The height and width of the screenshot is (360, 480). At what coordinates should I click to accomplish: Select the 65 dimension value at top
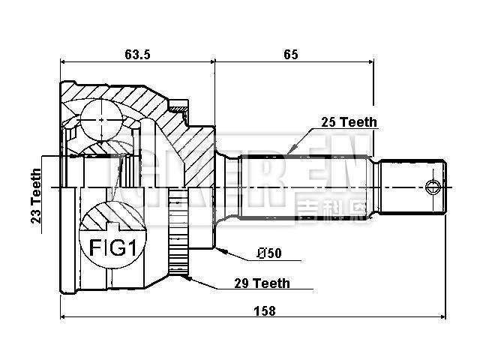(291, 53)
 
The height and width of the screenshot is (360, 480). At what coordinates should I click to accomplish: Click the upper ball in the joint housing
(101, 117)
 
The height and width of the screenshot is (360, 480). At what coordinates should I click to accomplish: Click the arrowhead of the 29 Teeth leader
(187, 277)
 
